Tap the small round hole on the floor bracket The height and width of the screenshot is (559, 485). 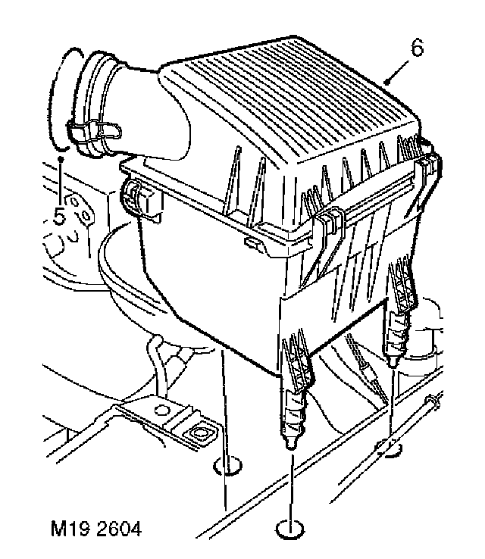[x=160, y=411]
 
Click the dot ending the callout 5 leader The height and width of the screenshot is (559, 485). [x=61, y=160]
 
